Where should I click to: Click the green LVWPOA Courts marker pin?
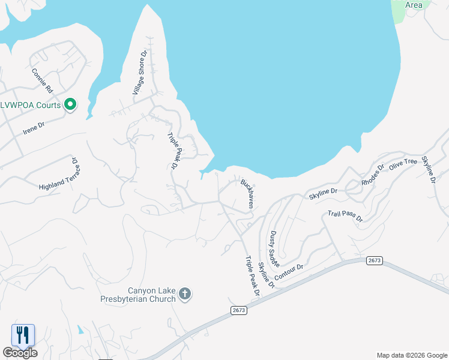70,105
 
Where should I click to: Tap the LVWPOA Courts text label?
31,105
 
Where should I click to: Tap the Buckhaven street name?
247,193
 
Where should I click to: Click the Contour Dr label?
289,272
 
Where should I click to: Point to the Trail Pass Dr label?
345,217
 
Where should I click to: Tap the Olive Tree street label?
403,166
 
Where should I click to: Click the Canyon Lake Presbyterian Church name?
151,294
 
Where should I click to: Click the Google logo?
20,353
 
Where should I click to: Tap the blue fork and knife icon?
23,335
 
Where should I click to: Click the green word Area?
414,5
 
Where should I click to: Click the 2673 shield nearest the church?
238,310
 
